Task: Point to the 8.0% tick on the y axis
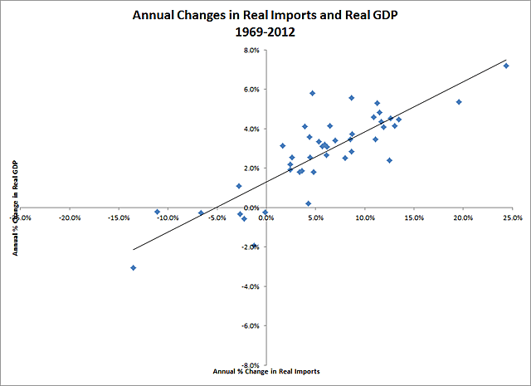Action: pyautogui.click(x=251, y=50)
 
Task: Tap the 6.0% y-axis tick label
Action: pyautogui.click(x=251, y=90)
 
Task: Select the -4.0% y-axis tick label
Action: pyautogui.click(x=251, y=286)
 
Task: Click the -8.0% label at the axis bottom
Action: pyautogui.click(x=251, y=365)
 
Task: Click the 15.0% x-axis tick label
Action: pyautogui.click(x=414, y=218)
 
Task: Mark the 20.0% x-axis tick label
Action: pyautogui.click(x=463, y=218)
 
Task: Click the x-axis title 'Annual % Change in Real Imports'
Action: pyautogui.click(x=266, y=370)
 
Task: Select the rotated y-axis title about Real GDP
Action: pyautogui.click(x=16, y=208)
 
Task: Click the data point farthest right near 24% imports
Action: pyautogui.click(x=506, y=66)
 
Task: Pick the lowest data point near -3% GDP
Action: pyautogui.click(x=133, y=267)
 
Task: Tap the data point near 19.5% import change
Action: pyautogui.click(x=459, y=102)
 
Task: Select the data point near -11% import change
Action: pyautogui.click(x=157, y=212)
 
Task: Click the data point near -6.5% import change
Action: pyautogui.click(x=201, y=213)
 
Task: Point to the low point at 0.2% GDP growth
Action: pyautogui.click(x=309, y=203)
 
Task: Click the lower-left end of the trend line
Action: pyautogui.click(x=133, y=249)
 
